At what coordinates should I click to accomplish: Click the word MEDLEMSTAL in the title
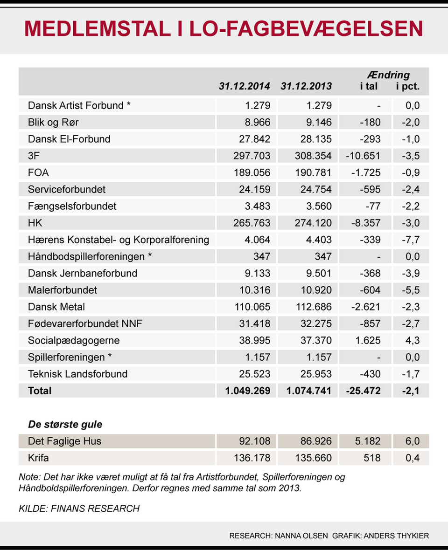point(97,29)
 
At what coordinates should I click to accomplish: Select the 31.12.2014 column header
point(245,86)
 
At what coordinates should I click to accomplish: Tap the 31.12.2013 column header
point(306,86)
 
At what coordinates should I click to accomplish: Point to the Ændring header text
point(388,75)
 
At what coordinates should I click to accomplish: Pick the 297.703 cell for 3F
point(252,156)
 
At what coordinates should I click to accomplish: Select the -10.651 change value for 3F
point(363,156)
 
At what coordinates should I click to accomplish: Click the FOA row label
point(38,172)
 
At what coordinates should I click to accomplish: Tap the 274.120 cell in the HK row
point(314,223)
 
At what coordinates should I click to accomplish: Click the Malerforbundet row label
point(63,290)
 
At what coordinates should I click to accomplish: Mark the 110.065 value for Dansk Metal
point(252,307)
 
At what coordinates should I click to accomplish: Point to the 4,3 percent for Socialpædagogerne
point(413,340)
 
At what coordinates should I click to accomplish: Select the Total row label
point(40,391)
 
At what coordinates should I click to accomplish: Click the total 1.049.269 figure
point(247,391)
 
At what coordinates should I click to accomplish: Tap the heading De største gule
point(65,424)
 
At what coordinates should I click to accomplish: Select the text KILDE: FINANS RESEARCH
point(79,508)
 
